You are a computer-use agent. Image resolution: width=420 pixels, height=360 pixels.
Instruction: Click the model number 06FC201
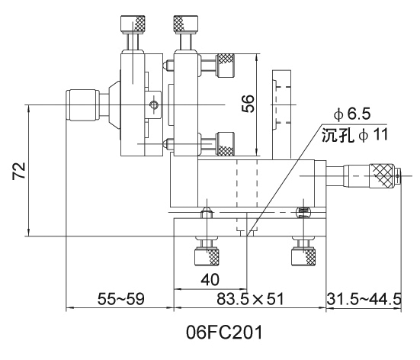(224, 333)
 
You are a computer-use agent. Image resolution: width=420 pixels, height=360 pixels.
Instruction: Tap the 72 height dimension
(19, 171)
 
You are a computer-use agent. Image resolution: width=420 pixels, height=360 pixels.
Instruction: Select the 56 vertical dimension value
(248, 104)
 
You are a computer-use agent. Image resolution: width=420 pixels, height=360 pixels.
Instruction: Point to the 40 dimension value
(210, 280)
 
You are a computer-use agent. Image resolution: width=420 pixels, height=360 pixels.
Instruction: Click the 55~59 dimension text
(120, 299)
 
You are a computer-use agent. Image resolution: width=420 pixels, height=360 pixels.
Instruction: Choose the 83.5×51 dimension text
(250, 299)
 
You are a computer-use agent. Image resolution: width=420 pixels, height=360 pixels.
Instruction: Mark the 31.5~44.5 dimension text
(364, 299)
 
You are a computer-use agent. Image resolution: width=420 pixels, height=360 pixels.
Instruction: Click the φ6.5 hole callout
(352, 114)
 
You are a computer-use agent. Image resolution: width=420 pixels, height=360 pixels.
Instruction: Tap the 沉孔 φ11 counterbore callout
(355, 134)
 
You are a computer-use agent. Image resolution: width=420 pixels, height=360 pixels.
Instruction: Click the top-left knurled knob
(133, 24)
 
